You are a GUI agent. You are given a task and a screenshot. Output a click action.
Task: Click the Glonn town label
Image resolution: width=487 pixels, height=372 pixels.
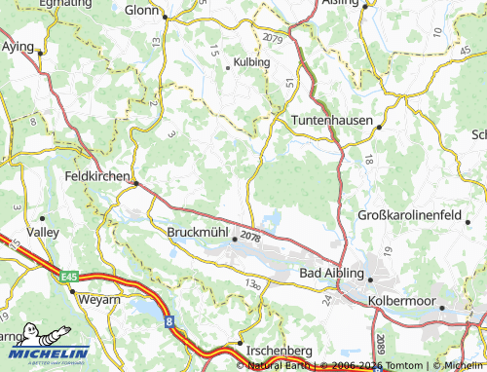tap(142, 10)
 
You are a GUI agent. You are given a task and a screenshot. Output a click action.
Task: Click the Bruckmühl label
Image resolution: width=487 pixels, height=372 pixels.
tap(199, 234)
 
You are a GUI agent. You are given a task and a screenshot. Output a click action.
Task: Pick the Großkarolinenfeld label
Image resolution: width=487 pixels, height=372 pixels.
tap(422, 214)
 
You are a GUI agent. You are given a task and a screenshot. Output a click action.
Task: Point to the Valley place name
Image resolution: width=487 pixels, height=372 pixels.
tap(43, 233)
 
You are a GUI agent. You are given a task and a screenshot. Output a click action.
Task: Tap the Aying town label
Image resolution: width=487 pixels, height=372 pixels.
tap(18, 46)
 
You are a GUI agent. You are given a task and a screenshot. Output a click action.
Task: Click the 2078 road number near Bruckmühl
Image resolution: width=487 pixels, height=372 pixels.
tap(250, 237)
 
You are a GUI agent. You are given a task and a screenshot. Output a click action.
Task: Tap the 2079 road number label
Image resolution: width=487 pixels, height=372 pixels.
tap(274, 37)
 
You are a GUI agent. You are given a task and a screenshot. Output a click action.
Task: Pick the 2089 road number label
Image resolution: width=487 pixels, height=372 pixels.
tap(379, 342)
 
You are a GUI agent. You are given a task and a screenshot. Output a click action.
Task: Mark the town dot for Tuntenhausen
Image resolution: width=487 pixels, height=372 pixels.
tap(379, 126)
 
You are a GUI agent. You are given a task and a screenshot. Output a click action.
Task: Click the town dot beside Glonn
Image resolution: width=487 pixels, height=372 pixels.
tap(166, 17)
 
